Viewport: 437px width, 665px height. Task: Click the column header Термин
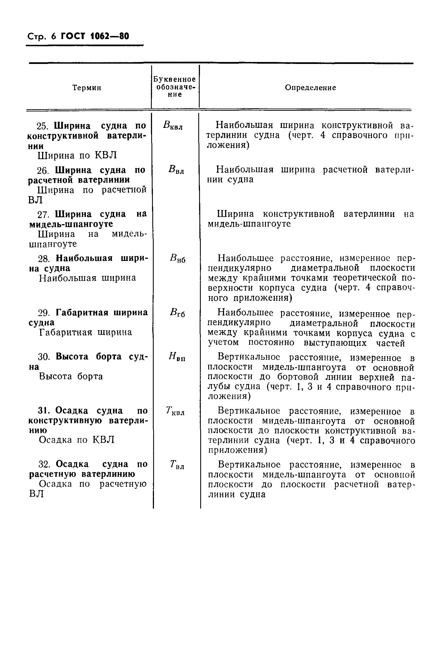[x=87, y=88]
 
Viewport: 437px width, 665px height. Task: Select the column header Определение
[x=310, y=88]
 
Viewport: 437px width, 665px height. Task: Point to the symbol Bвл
[x=176, y=170]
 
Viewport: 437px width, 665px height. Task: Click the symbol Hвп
[x=177, y=357]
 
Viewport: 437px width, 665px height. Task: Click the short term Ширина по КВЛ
[x=77, y=155]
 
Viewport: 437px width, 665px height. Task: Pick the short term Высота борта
[x=71, y=376]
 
